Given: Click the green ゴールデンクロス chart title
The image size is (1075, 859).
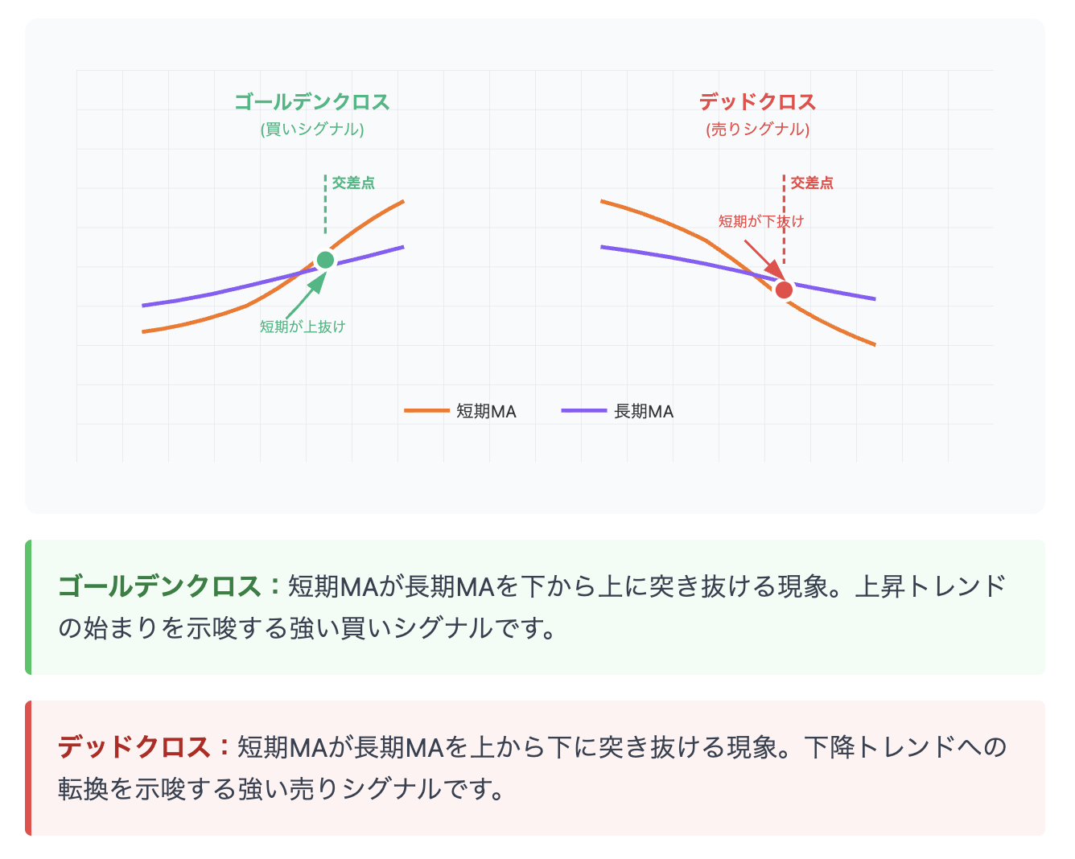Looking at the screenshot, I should tap(312, 102).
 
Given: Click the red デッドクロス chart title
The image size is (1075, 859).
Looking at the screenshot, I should tap(757, 102).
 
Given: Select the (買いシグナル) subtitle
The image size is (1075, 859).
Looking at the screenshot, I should tap(312, 129).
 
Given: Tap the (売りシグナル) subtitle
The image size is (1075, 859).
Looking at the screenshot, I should tap(757, 129).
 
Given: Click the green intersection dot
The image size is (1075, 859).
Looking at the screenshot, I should tap(325, 260).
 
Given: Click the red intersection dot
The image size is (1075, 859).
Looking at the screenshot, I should tap(784, 290).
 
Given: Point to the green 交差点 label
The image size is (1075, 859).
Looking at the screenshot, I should tap(353, 183).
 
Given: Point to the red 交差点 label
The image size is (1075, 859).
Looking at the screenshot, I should tap(812, 183).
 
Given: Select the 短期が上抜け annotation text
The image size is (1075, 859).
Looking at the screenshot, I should tap(303, 327).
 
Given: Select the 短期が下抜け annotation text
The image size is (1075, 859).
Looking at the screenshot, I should tap(760, 221).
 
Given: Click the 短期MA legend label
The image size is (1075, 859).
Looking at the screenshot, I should tap(486, 412).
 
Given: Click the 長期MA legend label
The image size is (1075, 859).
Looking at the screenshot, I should tap(644, 412).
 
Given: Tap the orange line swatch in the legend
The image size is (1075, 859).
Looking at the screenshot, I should tap(426, 411).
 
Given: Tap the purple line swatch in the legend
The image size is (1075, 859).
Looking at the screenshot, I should tap(584, 411).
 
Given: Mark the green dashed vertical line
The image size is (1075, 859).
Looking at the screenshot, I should tap(325, 205).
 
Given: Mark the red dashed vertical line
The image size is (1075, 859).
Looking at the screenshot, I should tap(784, 233).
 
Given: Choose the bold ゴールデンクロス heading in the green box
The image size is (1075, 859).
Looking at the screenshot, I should tap(159, 586).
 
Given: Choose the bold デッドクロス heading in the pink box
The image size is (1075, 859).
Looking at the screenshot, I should tap(134, 747).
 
